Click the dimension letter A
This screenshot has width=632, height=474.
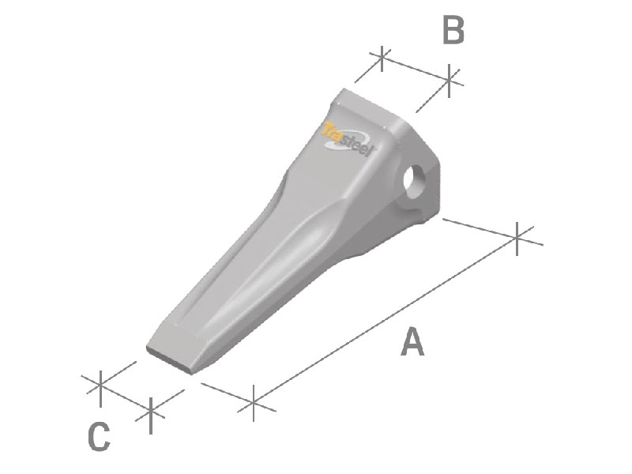[412, 342]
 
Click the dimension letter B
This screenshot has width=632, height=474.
[453, 29]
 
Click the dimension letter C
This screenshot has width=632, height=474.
[99, 437]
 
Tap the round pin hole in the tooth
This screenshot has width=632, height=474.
[414, 182]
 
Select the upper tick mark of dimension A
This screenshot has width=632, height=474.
[517, 239]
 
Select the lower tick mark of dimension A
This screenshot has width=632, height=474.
[253, 403]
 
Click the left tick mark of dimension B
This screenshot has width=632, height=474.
[382, 58]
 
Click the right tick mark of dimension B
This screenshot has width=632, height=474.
[449, 81]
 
